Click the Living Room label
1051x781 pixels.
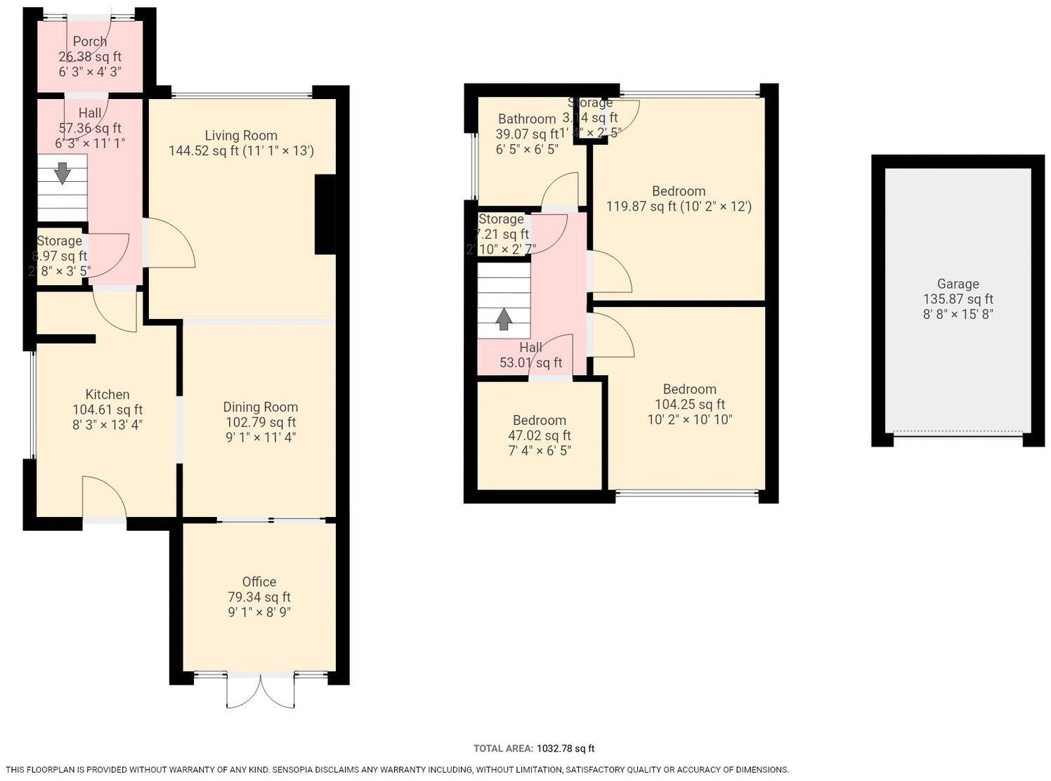[x=241, y=136]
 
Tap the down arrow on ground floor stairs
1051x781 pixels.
[x=63, y=172]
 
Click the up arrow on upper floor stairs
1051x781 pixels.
[x=504, y=319]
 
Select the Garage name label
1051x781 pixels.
[x=958, y=284]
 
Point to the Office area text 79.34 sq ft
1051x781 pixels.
[x=259, y=597]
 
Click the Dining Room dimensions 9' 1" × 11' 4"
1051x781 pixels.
[x=260, y=438]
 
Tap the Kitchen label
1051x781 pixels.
[x=107, y=395]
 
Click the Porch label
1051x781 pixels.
[x=90, y=41]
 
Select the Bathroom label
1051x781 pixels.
[x=527, y=119]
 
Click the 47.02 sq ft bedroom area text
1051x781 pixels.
[x=540, y=435]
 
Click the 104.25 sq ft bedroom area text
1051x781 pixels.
[x=689, y=405]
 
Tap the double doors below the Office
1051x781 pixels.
[x=261, y=691]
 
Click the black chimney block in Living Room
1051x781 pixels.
[x=325, y=214]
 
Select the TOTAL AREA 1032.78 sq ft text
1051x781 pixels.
[x=534, y=749]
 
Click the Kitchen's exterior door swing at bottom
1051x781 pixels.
[x=104, y=497]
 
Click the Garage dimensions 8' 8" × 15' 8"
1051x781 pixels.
[x=958, y=315]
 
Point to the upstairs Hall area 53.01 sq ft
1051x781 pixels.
[x=530, y=363]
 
